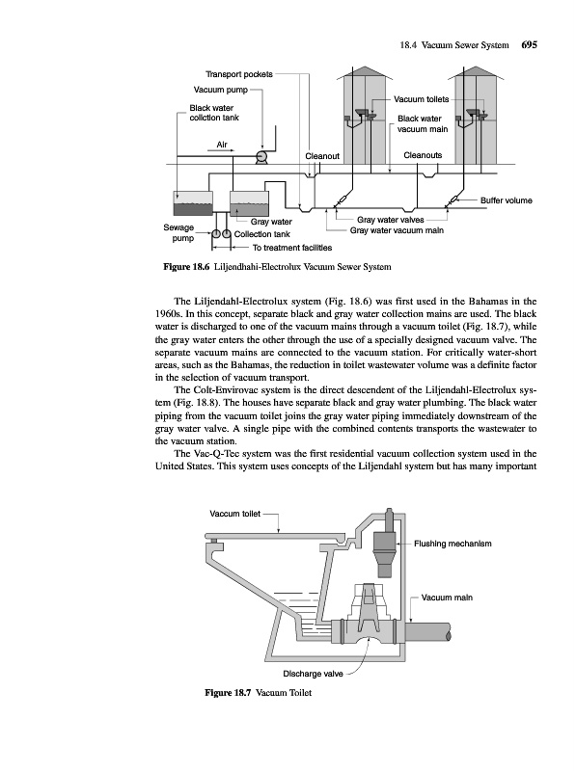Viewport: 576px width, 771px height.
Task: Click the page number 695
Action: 529,45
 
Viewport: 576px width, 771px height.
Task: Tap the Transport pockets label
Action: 238,74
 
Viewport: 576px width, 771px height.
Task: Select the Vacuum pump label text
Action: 221,90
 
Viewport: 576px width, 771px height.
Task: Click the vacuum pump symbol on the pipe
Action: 261,157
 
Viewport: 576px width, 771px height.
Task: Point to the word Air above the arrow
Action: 222,145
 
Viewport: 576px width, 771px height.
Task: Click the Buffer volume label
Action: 507,200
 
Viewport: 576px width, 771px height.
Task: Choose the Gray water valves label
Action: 391,220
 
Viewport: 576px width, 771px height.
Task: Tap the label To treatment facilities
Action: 292,248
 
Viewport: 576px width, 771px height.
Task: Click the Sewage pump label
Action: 178,232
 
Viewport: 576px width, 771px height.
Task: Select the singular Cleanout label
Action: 322,156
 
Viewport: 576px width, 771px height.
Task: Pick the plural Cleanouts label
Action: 423,155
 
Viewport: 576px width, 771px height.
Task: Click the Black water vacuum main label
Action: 423,124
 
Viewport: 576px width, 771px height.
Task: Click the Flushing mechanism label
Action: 453,544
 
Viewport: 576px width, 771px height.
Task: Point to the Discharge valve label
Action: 314,674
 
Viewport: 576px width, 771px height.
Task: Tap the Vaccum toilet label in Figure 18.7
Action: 234,514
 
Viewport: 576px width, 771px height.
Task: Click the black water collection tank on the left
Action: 194,202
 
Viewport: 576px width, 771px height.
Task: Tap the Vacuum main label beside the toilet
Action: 447,598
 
